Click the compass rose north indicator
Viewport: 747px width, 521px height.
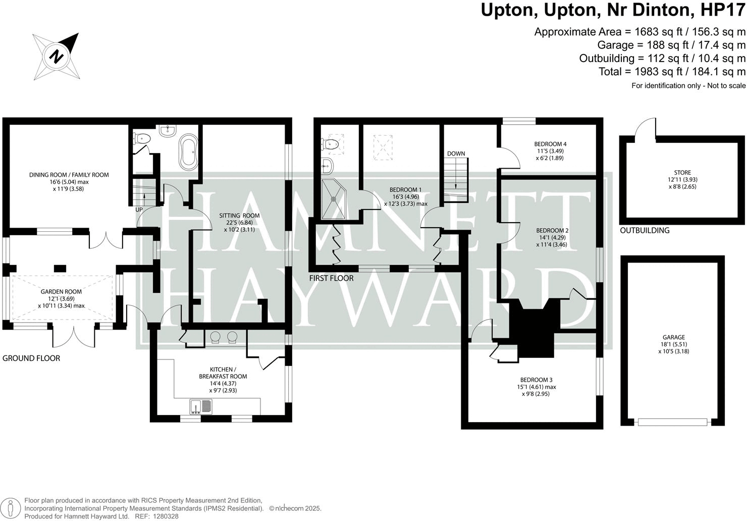click(57, 56)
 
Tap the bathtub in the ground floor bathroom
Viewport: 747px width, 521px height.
click(188, 152)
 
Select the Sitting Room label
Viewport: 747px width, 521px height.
click(239, 216)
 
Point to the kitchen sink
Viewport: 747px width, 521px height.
click(200, 406)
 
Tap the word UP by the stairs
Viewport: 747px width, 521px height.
click(139, 210)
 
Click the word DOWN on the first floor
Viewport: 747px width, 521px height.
click(456, 154)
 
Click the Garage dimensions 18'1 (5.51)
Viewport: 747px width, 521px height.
click(674, 344)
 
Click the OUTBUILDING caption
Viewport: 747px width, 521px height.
click(645, 230)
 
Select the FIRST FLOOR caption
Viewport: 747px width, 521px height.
click(331, 278)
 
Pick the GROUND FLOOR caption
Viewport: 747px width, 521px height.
click(31, 358)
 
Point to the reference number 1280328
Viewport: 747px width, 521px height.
click(166, 516)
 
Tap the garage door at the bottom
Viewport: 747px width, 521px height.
click(672, 422)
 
